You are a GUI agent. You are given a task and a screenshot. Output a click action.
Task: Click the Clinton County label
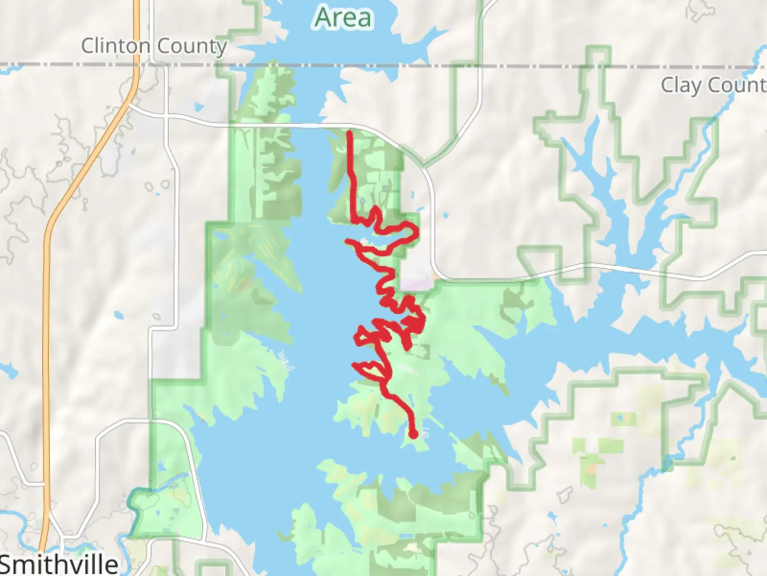[154, 46]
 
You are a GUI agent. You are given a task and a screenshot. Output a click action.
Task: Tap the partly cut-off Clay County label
[713, 85]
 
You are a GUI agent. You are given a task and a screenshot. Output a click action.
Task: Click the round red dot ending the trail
[413, 435]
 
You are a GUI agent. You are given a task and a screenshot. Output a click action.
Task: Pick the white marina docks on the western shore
[287, 361]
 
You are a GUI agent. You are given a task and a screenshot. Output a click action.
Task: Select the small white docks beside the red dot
[425, 434]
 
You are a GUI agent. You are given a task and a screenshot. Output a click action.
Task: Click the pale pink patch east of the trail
[417, 285]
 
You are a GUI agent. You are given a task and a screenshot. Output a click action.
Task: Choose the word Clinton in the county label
[115, 46]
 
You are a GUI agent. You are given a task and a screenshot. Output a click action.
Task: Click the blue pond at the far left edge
[7, 370]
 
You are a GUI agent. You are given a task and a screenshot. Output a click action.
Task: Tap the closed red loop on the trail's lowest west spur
[368, 367]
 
